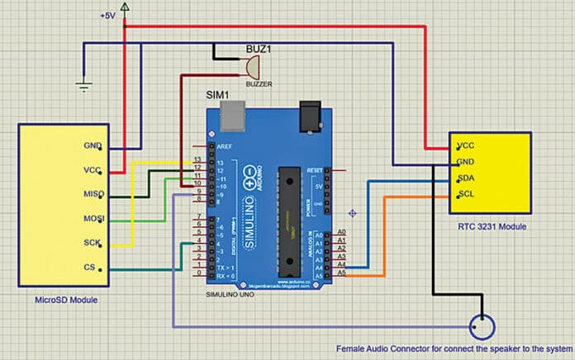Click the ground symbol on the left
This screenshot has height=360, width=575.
[x=83, y=82]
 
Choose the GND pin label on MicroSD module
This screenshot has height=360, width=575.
[x=92, y=147]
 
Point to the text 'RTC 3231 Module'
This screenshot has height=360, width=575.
[x=492, y=225]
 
